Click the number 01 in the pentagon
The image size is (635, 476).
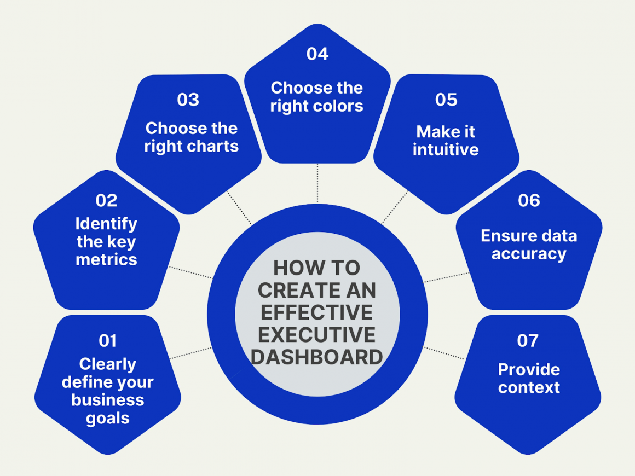tap(107, 341)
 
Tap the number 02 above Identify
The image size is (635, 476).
tap(106, 201)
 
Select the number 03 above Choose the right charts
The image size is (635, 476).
tap(188, 100)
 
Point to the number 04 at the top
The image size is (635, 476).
tap(317, 54)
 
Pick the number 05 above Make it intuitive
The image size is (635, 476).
tap(446, 100)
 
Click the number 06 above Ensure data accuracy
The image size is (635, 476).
tap(529, 201)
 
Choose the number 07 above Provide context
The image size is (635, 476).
tap(528, 341)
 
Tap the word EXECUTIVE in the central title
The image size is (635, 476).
tap(317, 334)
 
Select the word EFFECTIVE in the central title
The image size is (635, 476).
tap(317, 312)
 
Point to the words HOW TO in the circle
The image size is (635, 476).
tap(317, 268)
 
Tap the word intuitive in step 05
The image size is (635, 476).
tap(446, 150)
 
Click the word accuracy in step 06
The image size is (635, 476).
tap(529, 254)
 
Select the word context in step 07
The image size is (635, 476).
tap(529, 388)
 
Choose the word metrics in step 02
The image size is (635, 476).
tap(106, 259)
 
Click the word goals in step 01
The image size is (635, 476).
tap(107, 419)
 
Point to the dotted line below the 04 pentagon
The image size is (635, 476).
tap(317, 183)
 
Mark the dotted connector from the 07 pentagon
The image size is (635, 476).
tap(443, 353)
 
